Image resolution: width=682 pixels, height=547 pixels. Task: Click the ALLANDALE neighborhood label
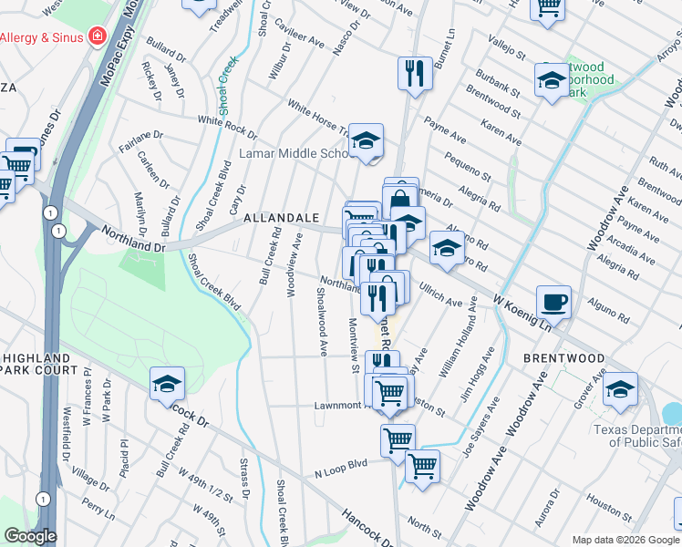281,219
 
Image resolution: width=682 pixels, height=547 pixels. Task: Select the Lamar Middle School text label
294,153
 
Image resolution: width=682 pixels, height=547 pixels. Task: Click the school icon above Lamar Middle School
367,141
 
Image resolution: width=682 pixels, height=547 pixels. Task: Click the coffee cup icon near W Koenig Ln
553,302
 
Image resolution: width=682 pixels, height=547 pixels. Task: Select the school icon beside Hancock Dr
167,385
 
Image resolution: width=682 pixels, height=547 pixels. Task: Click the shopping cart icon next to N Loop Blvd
422,466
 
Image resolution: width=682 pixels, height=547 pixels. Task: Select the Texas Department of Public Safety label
636,436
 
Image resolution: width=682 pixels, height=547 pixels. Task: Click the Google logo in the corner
30,536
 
